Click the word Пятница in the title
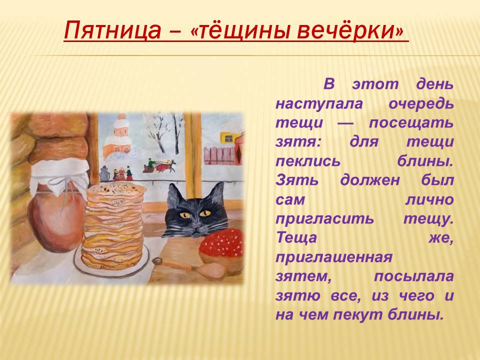(112, 30)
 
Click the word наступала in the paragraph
(319, 104)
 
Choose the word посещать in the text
(411, 123)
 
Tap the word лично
(429, 199)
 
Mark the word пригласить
(324, 219)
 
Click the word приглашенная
(334, 258)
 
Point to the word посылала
(413, 276)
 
